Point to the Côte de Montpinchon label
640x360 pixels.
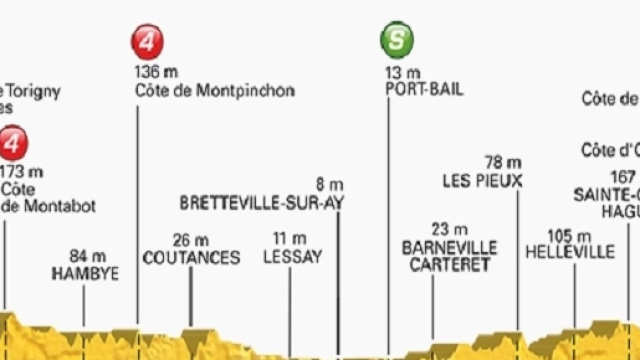point(214,91)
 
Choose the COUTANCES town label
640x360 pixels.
point(191,258)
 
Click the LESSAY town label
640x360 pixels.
point(293,258)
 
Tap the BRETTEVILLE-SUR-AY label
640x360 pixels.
point(262,202)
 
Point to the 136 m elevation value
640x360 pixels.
point(156,71)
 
